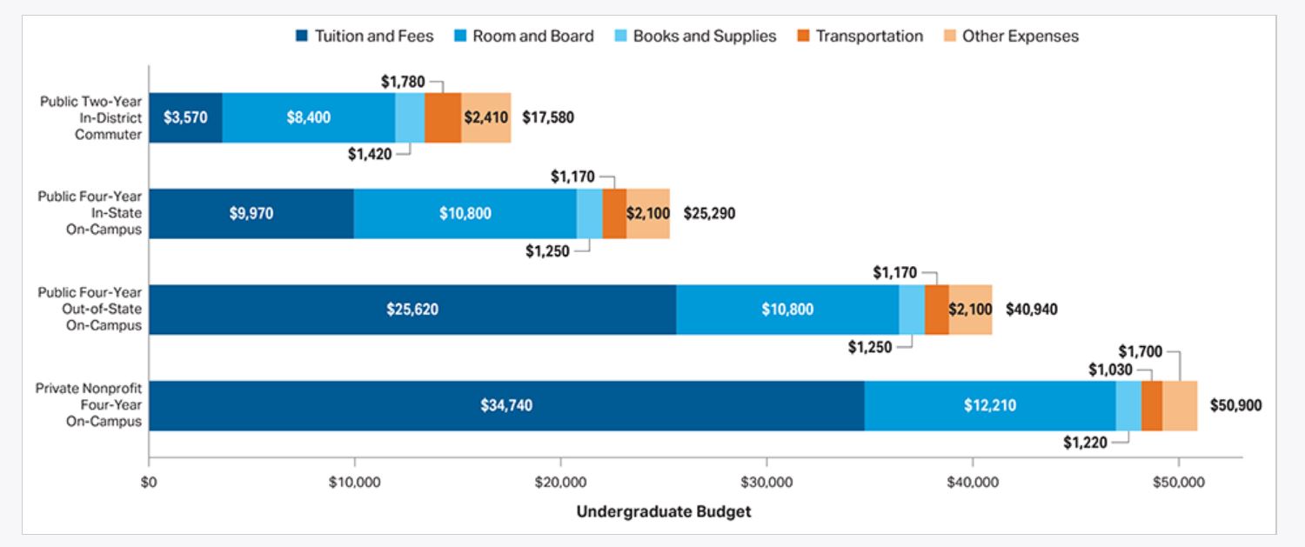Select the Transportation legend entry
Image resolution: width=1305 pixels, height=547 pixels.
(x=859, y=37)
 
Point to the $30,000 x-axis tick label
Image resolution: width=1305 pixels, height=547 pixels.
(x=766, y=481)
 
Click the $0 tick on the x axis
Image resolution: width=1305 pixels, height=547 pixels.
(x=149, y=481)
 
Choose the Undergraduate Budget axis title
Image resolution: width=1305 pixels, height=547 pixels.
(x=663, y=511)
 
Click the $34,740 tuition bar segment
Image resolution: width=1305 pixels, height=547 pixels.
(x=506, y=405)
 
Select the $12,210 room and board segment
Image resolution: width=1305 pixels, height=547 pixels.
(x=990, y=405)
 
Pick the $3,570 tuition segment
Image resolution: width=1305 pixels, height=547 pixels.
(x=185, y=117)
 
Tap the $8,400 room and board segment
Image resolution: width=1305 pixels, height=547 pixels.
(x=309, y=117)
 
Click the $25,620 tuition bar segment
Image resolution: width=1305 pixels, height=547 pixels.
(x=412, y=310)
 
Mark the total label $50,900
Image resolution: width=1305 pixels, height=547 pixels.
(x=1235, y=405)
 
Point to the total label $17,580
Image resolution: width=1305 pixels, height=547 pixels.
(x=548, y=117)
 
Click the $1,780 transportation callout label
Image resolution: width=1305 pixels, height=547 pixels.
(x=403, y=82)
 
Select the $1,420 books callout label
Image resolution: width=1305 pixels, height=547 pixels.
(x=370, y=154)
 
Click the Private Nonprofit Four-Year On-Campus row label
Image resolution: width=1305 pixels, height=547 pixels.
(x=88, y=405)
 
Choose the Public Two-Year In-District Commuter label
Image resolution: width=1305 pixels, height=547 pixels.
(x=90, y=117)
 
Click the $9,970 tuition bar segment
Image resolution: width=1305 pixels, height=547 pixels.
(x=251, y=213)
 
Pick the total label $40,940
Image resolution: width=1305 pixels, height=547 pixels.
(x=1032, y=310)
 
